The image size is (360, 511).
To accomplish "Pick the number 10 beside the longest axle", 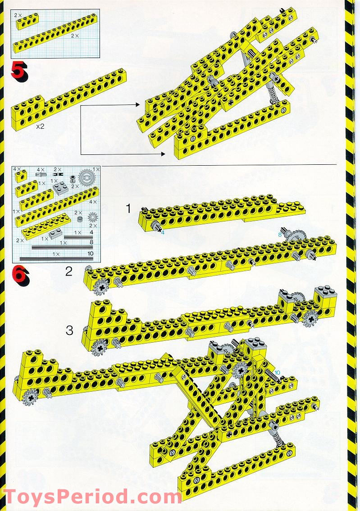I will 91,254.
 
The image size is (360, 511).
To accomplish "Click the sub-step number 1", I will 128,208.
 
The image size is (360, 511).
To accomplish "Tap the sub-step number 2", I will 68,271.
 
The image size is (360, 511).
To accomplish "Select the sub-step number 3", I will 69,330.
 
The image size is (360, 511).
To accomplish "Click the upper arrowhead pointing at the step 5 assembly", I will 137,104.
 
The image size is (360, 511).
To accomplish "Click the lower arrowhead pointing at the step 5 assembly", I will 162,154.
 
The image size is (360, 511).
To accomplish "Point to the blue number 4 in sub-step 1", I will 163,232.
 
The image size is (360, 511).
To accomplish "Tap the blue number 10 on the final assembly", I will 278,372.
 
